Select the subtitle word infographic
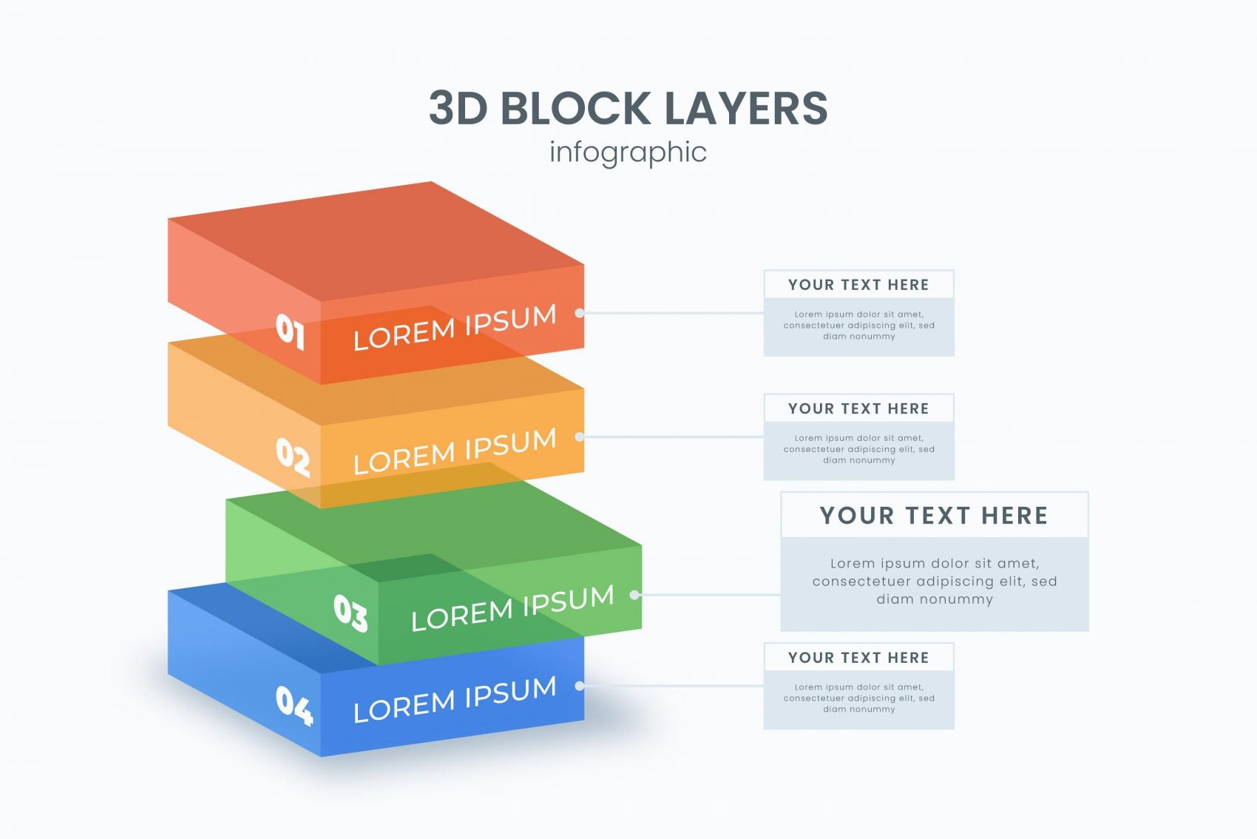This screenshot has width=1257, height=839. tap(628, 152)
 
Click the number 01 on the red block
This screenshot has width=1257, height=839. tap(290, 330)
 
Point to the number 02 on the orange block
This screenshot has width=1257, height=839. tap(293, 456)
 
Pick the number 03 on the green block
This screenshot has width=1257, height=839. tap(350, 613)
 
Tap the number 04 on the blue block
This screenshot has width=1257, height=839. tap(294, 704)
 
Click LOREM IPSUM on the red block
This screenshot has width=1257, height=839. tap(454, 327)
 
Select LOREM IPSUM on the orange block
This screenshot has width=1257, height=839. tap(454, 451)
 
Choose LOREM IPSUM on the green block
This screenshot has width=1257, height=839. tap(512, 608)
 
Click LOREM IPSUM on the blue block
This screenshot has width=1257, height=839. tap(454, 699)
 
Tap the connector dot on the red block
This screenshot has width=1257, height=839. tap(580, 313)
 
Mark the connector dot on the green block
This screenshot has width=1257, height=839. tap(634, 594)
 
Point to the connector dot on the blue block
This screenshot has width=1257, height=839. tap(580, 686)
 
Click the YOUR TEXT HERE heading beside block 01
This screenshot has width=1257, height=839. tap(858, 285)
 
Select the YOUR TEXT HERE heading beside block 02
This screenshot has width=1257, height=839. tap(858, 408)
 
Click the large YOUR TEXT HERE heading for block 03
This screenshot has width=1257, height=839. tap(934, 516)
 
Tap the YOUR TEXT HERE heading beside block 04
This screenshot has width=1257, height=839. tap(858, 658)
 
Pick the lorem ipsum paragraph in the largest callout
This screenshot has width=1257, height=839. tap(935, 582)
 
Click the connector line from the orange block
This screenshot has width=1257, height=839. tap(673, 437)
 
